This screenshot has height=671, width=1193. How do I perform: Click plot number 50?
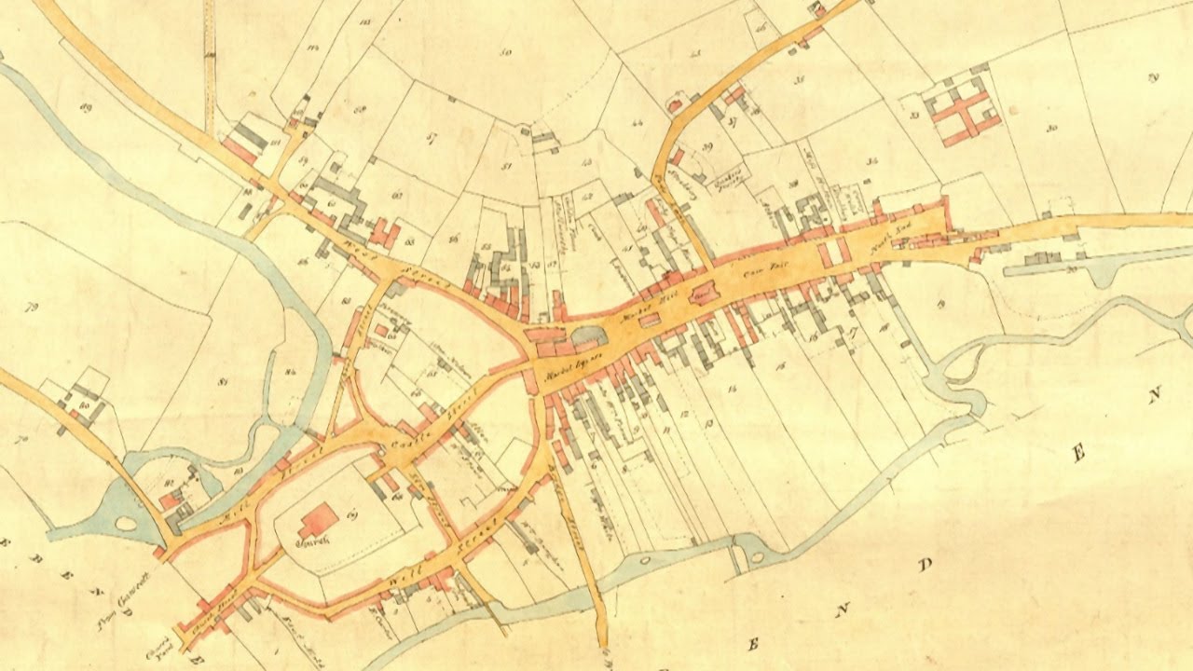[505, 53]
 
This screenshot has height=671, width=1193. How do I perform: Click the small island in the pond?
[125, 523]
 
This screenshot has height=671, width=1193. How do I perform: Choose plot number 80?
[85, 406]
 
